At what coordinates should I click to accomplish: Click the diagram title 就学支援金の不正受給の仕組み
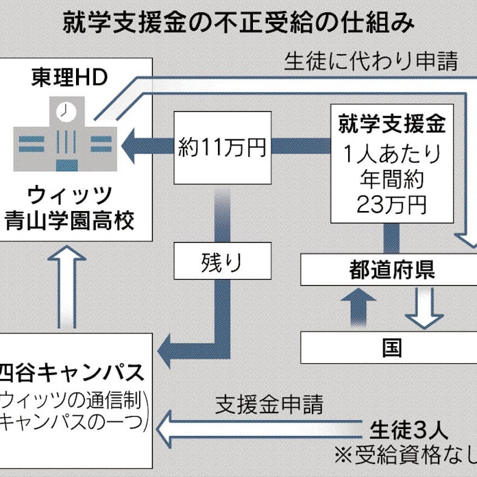click(x=238, y=25)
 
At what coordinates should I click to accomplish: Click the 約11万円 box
click(x=222, y=147)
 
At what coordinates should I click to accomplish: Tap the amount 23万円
click(x=392, y=204)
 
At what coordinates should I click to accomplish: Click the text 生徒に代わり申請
click(x=371, y=62)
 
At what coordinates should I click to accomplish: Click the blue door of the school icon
click(x=66, y=165)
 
